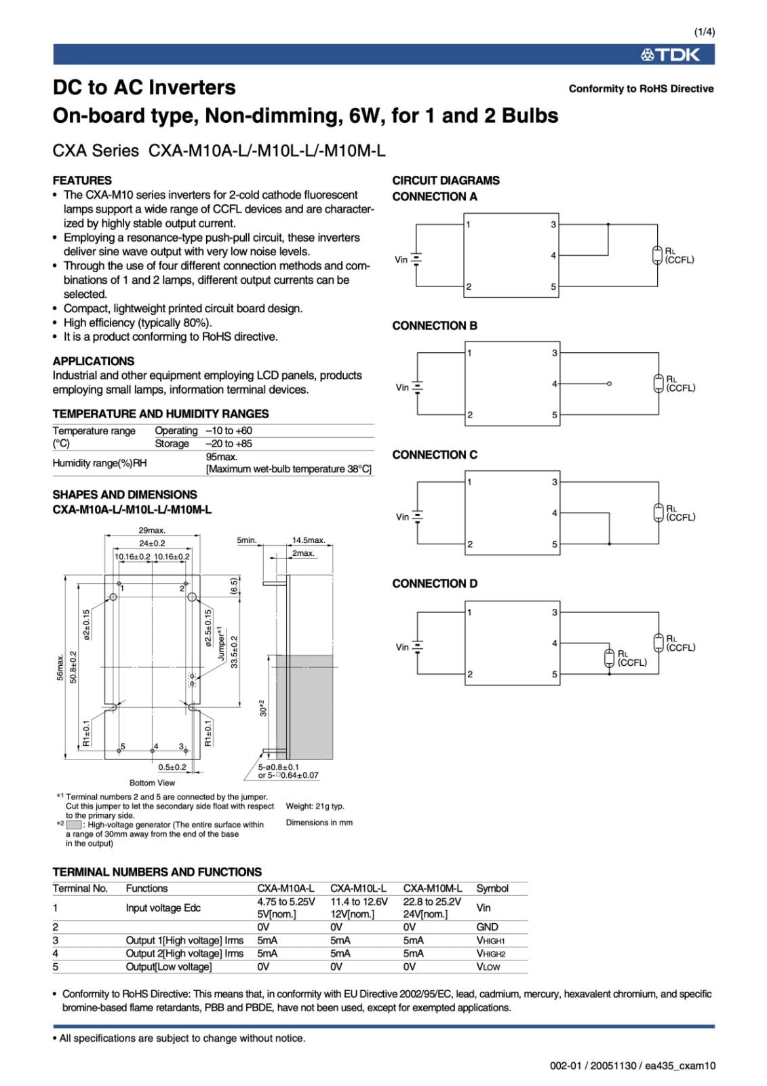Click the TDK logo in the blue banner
tap(670, 55)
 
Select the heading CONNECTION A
tap(435, 197)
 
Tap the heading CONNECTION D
tap(435, 584)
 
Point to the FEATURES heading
tap(82, 181)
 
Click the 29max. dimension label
tap(152, 530)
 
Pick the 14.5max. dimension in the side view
tap(309, 540)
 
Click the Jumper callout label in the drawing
tap(221, 643)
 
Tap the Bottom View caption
tap(152, 783)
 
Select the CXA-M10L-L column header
tap(358, 888)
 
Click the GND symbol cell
tap(487, 927)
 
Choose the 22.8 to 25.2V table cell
tap(432, 902)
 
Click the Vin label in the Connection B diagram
tap(402, 388)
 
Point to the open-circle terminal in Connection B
tap(609, 384)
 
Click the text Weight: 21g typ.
tap(315, 806)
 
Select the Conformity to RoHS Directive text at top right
tap(641, 89)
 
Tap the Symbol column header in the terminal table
tap(492, 888)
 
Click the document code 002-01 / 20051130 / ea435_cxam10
tap(632, 1066)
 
